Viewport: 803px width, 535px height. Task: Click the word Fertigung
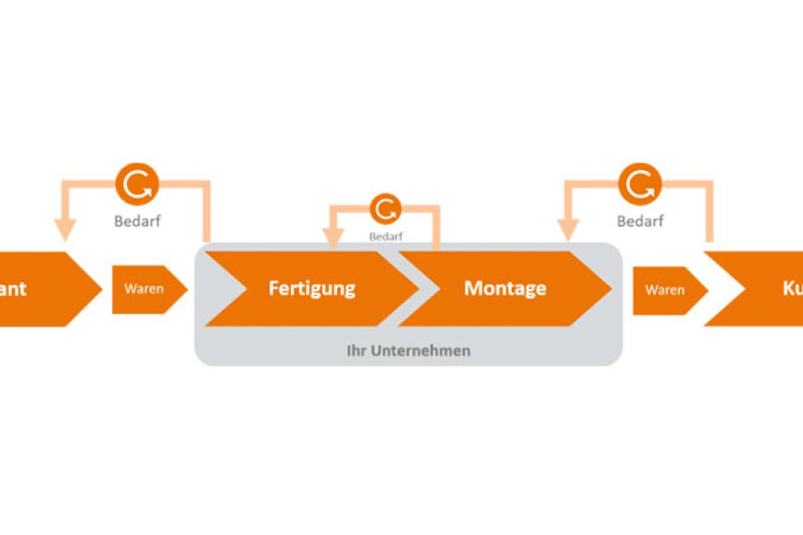311,289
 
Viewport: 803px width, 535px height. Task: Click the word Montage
505,289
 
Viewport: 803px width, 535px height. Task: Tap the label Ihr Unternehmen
408,350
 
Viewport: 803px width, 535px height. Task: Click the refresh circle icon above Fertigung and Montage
385,210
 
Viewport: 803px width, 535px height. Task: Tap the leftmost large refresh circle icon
137,185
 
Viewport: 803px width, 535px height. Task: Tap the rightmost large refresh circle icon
640,185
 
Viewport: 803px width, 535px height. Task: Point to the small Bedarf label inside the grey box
386,236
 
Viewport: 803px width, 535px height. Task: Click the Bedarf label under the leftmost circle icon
137,221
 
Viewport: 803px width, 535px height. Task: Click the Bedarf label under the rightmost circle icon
640,221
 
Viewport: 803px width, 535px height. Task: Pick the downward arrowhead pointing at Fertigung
334,238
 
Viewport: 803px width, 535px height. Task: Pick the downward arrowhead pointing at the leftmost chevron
63,230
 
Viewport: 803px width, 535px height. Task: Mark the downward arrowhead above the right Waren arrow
567,230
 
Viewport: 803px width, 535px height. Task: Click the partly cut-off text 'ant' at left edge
13,289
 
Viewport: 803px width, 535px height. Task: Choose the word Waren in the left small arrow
143,289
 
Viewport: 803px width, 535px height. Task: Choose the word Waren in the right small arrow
665,290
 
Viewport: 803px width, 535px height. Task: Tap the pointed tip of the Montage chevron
610,289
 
